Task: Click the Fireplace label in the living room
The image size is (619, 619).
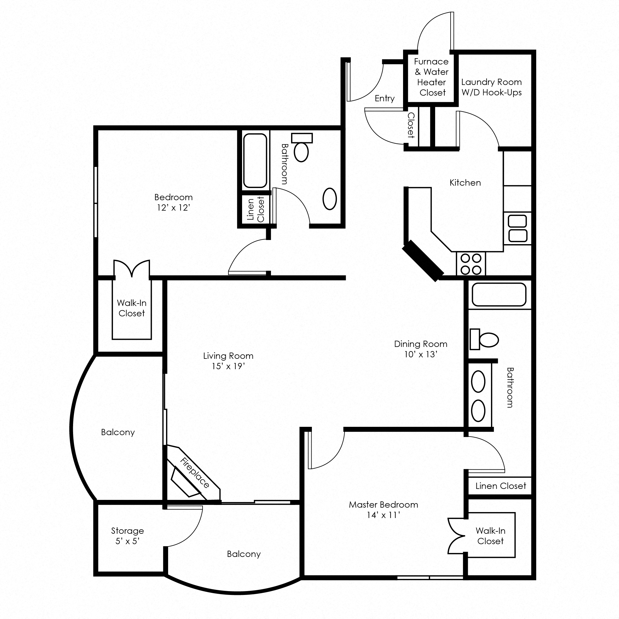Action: [195, 473]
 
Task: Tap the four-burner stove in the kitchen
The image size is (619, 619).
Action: [471, 264]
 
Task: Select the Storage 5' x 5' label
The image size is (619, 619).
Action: [127, 536]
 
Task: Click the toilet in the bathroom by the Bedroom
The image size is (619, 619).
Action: [301, 148]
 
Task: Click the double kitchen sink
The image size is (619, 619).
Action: [517, 228]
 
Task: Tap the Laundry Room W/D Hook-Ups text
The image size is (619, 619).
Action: [491, 87]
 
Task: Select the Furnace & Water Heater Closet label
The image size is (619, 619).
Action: [431, 77]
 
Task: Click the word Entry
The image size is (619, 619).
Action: [384, 98]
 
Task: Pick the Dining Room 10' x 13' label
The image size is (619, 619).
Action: [421, 349]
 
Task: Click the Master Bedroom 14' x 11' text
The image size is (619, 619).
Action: [383, 510]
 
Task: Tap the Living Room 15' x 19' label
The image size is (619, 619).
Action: [228, 361]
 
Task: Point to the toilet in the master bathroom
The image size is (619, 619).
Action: [484, 339]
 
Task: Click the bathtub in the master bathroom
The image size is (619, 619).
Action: [499, 294]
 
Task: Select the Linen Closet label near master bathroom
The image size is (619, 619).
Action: [500, 486]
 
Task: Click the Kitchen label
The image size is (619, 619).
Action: [465, 183]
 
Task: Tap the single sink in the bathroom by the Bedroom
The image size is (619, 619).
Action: [329, 199]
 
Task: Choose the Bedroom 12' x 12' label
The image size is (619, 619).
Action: [173, 202]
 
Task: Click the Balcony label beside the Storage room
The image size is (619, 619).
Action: [244, 554]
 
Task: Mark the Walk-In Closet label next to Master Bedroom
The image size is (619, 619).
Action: [490, 536]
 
